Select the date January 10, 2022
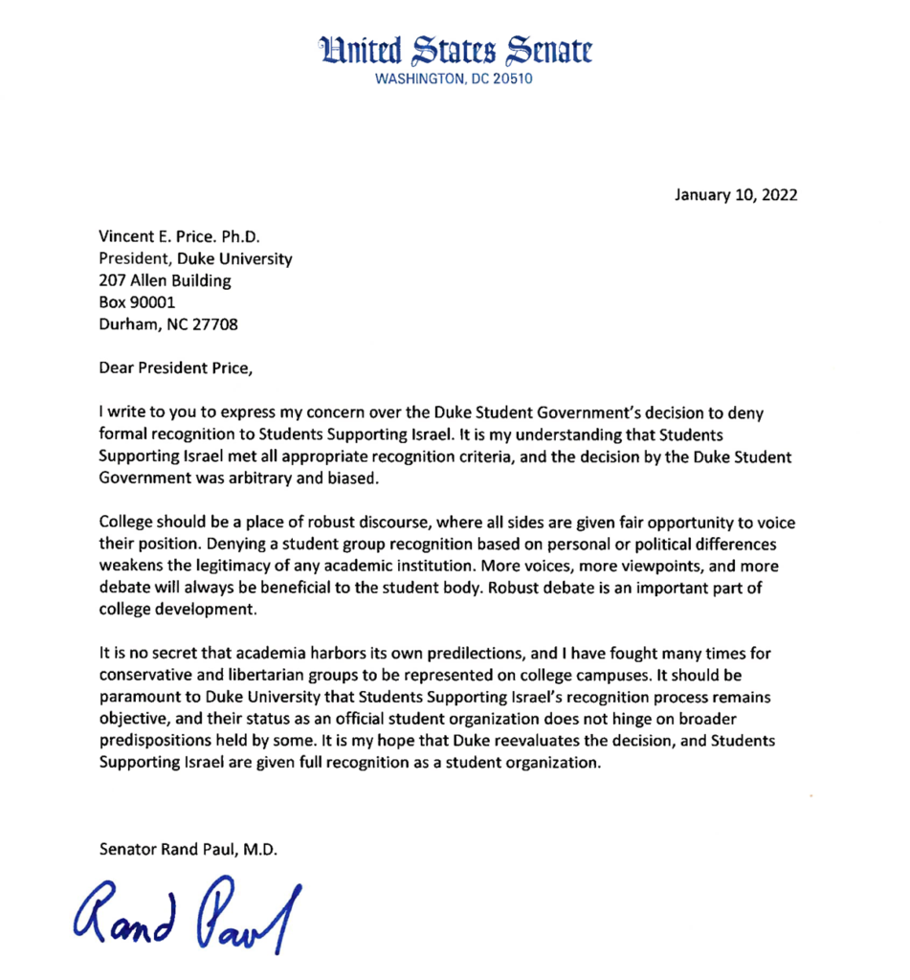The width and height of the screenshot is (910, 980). tap(736, 195)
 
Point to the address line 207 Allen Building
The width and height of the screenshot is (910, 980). tap(165, 280)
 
